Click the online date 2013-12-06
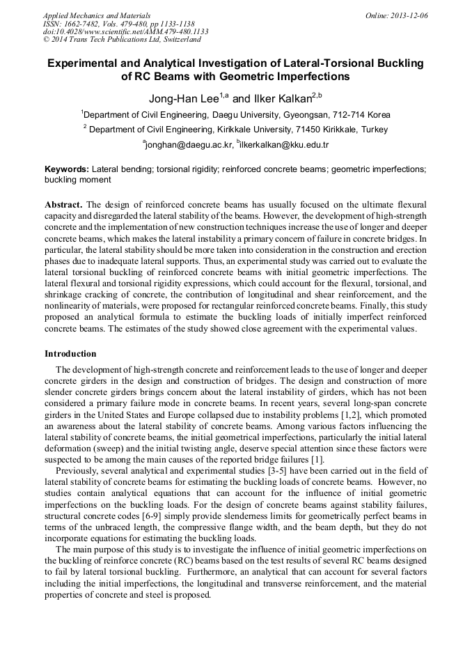point(407,15)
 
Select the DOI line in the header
point(125,32)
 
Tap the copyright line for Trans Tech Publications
point(122,40)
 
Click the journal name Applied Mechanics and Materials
point(96,15)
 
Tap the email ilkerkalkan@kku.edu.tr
point(284,145)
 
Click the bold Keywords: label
point(67,169)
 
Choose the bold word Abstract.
point(63,205)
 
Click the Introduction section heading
point(70,354)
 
